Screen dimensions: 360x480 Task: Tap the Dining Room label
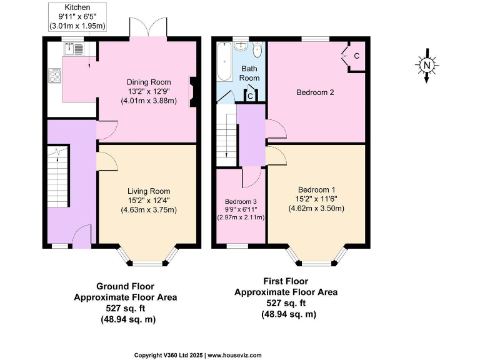point(149,82)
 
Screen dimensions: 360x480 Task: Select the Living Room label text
point(149,191)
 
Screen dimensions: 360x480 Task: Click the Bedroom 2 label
point(315,92)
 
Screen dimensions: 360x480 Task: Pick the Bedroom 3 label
point(241,201)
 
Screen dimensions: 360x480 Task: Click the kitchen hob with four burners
point(54,76)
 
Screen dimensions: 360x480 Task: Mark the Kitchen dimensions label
point(77,16)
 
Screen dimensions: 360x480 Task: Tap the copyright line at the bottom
point(198,354)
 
